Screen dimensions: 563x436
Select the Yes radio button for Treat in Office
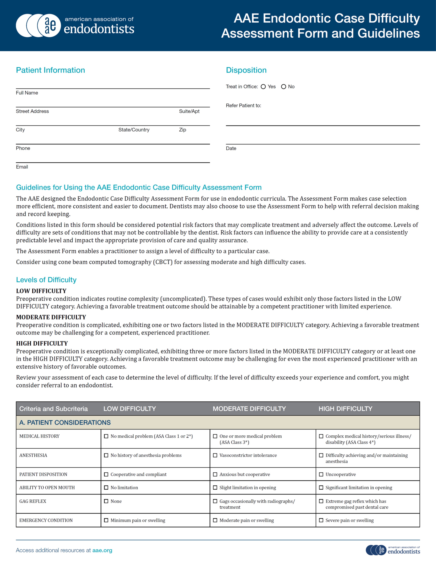tap(263, 87)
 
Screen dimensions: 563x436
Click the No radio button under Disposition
tap(283, 87)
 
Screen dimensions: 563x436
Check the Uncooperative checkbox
tap(321, 474)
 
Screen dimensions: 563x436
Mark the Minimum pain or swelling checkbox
tap(106, 520)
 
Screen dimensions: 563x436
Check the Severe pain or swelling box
tap(321, 520)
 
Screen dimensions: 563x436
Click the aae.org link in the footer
tap(102, 550)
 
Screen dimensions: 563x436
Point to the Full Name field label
tap(27, 93)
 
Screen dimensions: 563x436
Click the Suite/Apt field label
tap(189, 111)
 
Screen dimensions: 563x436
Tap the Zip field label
tap(183, 130)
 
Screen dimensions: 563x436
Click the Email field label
tap(22, 167)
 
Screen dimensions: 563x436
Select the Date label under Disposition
tap(231, 148)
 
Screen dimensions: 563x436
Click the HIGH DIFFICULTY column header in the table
tap(345, 409)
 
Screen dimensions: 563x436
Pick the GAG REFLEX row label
tap(33, 501)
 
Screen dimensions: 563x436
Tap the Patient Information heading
tap(50, 70)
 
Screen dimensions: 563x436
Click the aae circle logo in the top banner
tap(49, 25)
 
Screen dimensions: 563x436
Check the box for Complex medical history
tap(321, 436)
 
